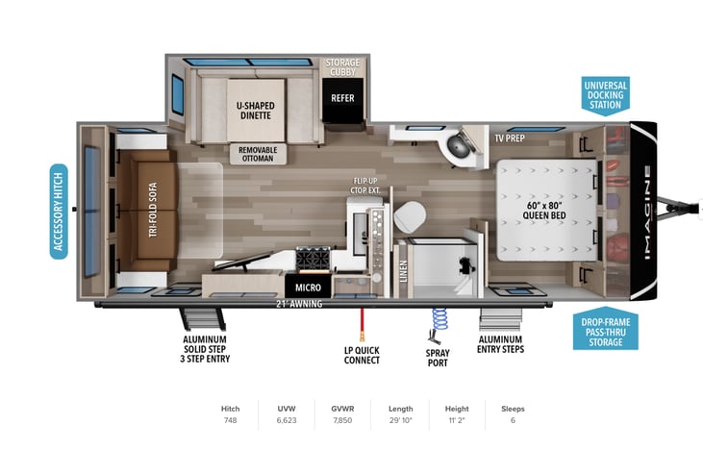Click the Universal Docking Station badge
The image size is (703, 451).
[x=605, y=95]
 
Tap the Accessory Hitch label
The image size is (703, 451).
[x=59, y=212]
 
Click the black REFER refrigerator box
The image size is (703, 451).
[x=342, y=101]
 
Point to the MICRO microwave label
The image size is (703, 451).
[x=308, y=288]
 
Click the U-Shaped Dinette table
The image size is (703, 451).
[x=256, y=111]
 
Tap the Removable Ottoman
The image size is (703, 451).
[x=258, y=154]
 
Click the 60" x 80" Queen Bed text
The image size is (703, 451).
[x=543, y=211]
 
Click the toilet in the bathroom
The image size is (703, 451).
[x=410, y=216]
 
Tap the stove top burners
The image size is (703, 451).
[x=313, y=259]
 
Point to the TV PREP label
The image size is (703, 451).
[x=510, y=138]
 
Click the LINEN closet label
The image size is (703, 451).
[x=403, y=271]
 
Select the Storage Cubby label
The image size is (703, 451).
[x=342, y=67]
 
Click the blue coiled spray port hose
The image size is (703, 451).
[x=439, y=318]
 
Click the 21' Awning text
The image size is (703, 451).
[x=299, y=304]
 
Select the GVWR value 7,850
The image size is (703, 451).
[x=342, y=420]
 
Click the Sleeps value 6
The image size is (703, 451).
[x=513, y=420]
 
